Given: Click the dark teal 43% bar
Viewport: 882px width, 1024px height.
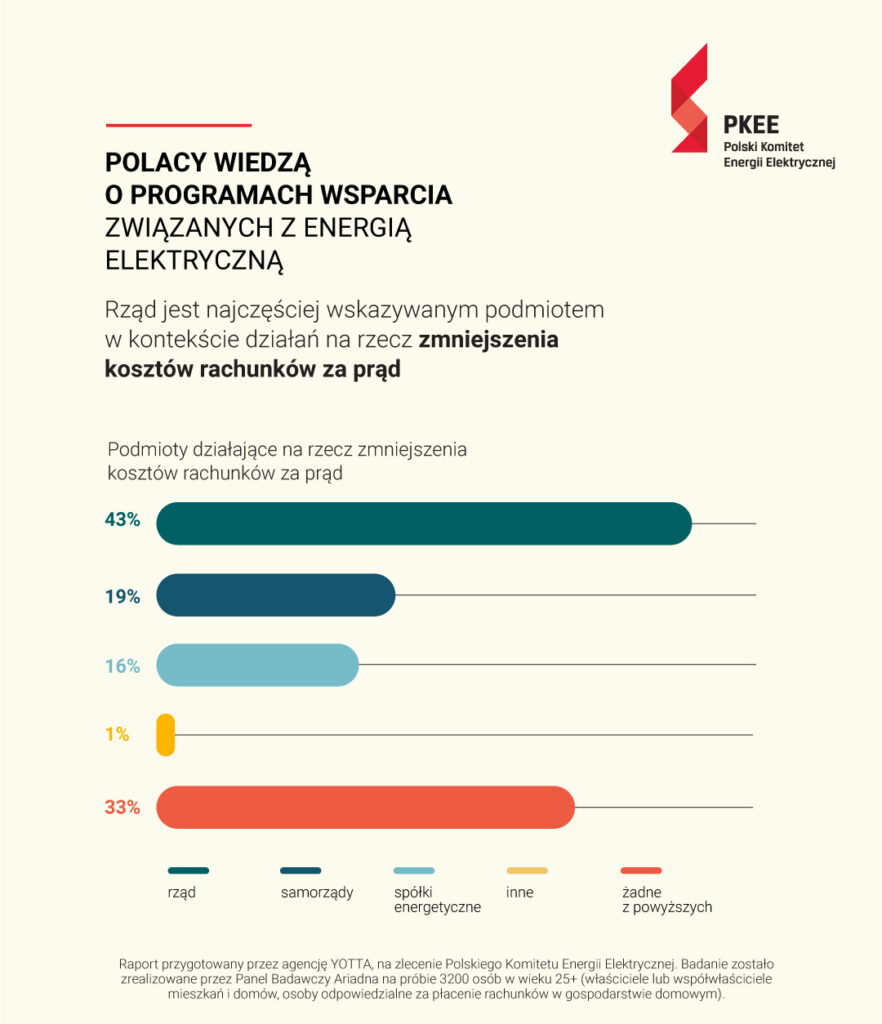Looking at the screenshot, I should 424,523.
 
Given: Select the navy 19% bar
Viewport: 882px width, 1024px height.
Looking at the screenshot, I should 276,595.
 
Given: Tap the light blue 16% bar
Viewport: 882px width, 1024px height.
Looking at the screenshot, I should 257,665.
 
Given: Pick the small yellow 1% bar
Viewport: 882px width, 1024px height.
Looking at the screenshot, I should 166,734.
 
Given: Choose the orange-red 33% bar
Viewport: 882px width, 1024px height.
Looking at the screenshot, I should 366,808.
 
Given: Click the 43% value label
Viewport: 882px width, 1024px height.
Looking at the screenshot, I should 123,520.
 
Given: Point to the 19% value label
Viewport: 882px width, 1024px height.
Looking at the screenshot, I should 123,597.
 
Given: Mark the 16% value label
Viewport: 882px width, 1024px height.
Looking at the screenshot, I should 123,665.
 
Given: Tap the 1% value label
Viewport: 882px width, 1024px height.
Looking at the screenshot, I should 118,734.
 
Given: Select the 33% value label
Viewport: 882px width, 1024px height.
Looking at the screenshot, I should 123,808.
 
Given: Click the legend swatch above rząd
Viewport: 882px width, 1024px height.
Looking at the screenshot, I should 188,871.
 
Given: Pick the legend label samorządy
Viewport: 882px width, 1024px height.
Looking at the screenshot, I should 317,892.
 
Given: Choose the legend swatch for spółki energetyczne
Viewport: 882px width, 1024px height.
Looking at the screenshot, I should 414,871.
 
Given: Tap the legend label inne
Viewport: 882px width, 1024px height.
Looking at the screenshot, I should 520,892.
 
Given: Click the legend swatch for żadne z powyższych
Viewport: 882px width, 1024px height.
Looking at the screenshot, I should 641,871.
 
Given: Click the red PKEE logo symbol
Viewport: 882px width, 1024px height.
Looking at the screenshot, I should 689,98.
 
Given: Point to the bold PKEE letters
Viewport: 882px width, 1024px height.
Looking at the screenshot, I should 751,125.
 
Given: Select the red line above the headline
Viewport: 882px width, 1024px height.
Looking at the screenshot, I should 178,125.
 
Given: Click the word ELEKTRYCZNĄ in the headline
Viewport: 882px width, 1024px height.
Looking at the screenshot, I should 194,261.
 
